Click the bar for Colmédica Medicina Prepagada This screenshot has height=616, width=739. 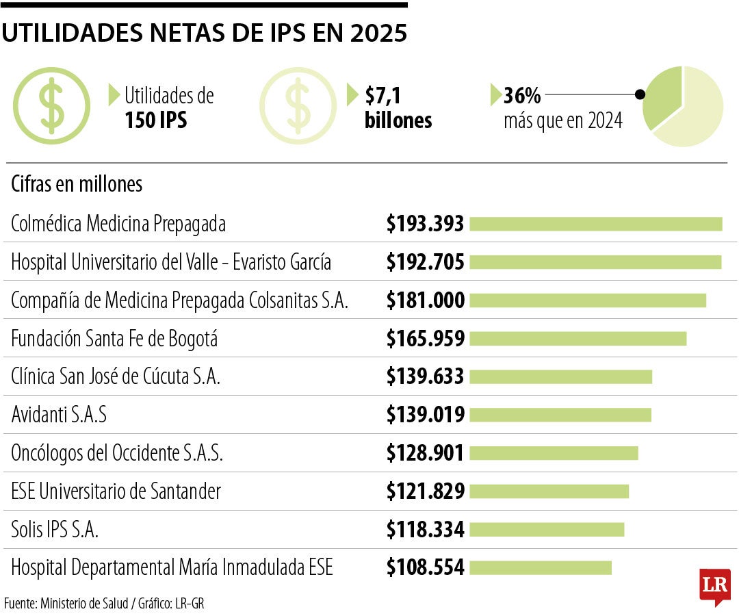point(595,224)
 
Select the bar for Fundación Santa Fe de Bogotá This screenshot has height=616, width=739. point(578,339)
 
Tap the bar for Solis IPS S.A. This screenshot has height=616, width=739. point(547,530)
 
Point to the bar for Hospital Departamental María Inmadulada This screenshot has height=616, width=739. point(541,567)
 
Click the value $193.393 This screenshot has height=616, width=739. point(425,224)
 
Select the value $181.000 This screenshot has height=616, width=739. point(425,300)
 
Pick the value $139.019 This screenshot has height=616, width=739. point(425,415)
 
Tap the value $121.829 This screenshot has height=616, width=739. point(425,491)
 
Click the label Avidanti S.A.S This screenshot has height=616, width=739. point(59,415)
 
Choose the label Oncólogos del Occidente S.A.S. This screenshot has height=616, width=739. point(117,453)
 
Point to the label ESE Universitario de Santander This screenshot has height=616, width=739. point(116,491)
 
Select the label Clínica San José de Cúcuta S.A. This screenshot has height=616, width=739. point(116,377)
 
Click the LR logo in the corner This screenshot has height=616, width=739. point(714,587)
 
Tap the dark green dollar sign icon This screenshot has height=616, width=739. point(51,105)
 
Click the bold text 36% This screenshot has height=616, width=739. point(522,96)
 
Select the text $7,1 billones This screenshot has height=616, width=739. point(398,107)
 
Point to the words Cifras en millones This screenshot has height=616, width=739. point(77,185)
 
